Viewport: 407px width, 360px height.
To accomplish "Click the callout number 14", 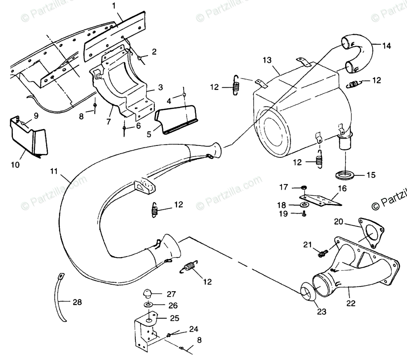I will click(x=386, y=46).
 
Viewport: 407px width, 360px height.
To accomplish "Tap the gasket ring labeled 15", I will click(x=345, y=174).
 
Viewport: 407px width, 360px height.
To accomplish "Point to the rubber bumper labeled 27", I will click(x=147, y=293).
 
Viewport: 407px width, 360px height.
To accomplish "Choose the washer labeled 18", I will click(x=304, y=205).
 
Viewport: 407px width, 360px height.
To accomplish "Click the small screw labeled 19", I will click(x=304, y=214).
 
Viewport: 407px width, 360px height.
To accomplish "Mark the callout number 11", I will click(x=54, y=171).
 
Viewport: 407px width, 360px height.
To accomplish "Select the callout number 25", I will click(x=173, y=318).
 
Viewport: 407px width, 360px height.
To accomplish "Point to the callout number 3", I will click(x=149, y=87).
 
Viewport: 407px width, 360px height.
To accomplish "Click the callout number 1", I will click(x=114, y=5).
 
